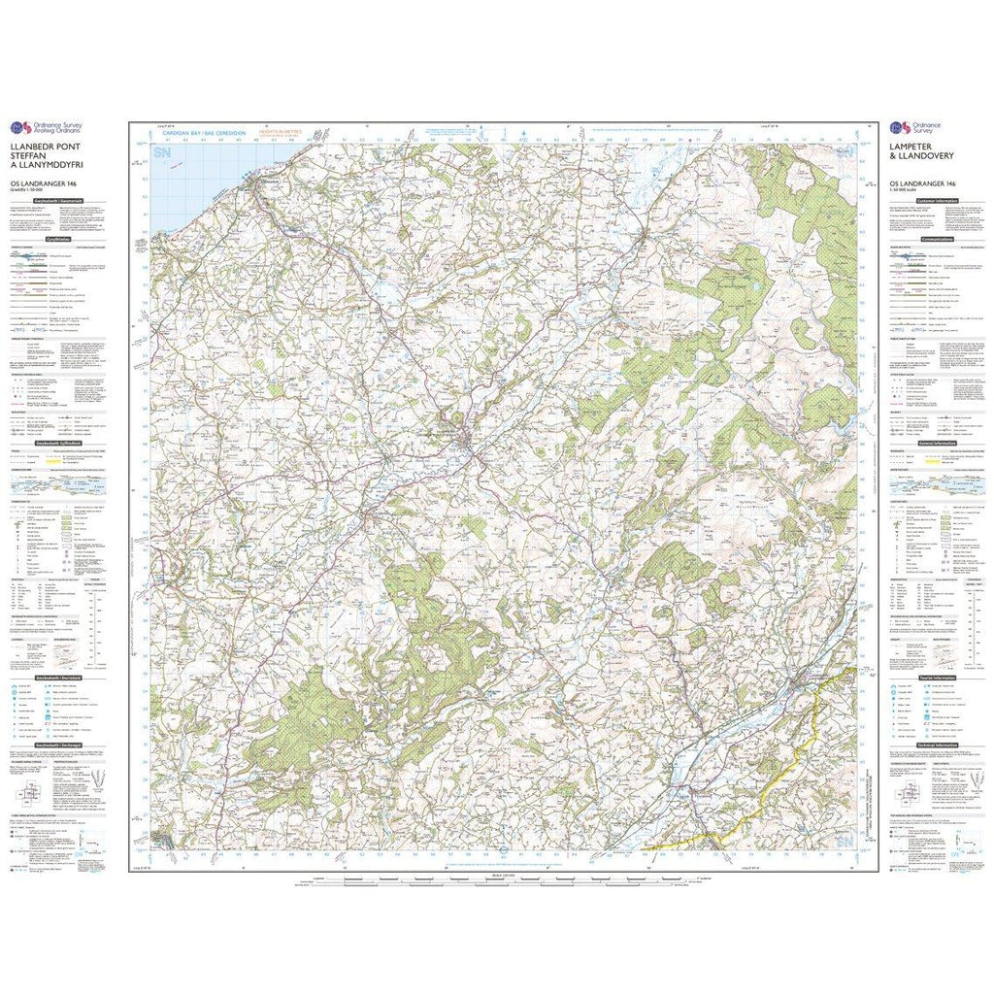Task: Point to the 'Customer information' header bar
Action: tap(938, 201)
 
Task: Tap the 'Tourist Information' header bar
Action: tap(938, 678)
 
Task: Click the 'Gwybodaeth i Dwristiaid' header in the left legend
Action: tap(57, 678)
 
